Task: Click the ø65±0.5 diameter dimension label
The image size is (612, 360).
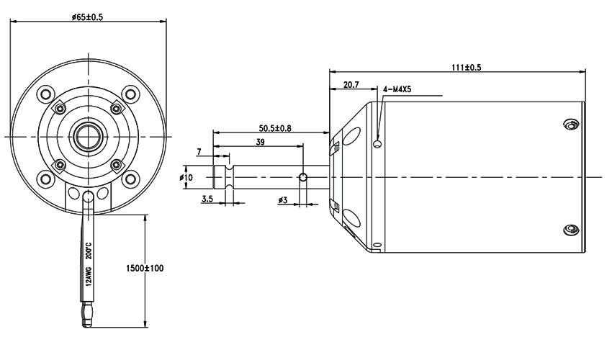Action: [x=88, y=17]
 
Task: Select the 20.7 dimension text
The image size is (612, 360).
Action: [x=352, y=85]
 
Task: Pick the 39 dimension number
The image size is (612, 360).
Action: [x=261, y=143]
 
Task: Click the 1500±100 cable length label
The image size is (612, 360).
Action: [x=144, y=268]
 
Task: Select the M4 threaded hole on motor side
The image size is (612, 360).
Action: [x=377, y=145]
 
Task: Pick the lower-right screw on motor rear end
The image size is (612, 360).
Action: [x=570, y=230]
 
